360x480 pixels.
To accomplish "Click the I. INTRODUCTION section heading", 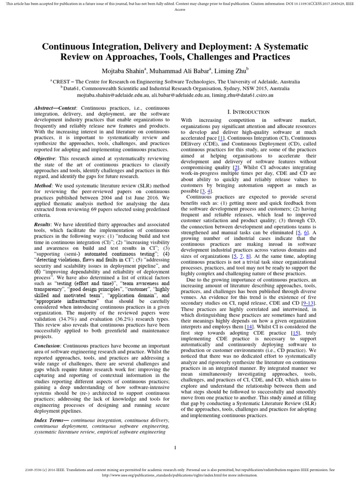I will point(248,112).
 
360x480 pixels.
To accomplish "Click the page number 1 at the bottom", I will point(175,448).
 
